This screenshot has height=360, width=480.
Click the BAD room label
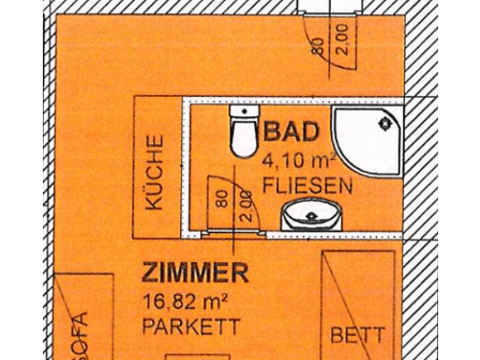[291, 132]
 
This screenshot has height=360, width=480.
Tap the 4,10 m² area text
[299, 161]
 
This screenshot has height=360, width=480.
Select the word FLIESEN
[307, 185]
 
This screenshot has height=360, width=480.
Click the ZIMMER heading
[195, 272]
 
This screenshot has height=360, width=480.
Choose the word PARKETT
[191, 327]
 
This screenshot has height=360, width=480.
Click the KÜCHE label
[155, 173]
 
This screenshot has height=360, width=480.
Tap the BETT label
[357, 334]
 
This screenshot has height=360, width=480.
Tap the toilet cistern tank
[244, 111]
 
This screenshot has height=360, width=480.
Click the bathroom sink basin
[312, 214]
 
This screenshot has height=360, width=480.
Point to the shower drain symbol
[385, 124]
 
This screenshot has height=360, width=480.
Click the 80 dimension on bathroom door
[222, 199]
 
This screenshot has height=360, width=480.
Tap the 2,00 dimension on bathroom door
[246, 206]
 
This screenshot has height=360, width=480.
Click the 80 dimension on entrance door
[318, 47]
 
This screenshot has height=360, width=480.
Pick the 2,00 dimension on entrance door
[342, 39]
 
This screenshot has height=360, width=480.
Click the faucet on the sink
[312, 217]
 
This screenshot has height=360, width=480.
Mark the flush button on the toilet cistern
[244, 111]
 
